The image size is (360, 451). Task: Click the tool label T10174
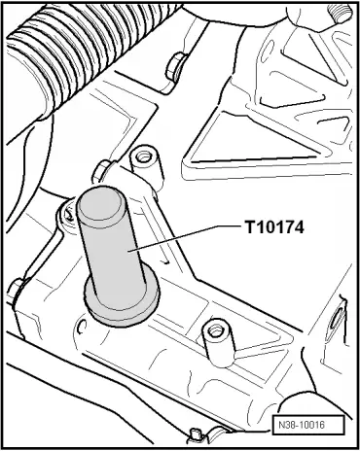click(x=274, y=226)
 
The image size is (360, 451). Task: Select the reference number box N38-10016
click(x=307, y=425)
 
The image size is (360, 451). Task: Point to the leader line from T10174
click(x=187, y=238)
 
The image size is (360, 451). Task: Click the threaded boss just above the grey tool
click(x=146, y=168)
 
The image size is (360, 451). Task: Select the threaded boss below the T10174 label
click(x=218, y=342)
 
